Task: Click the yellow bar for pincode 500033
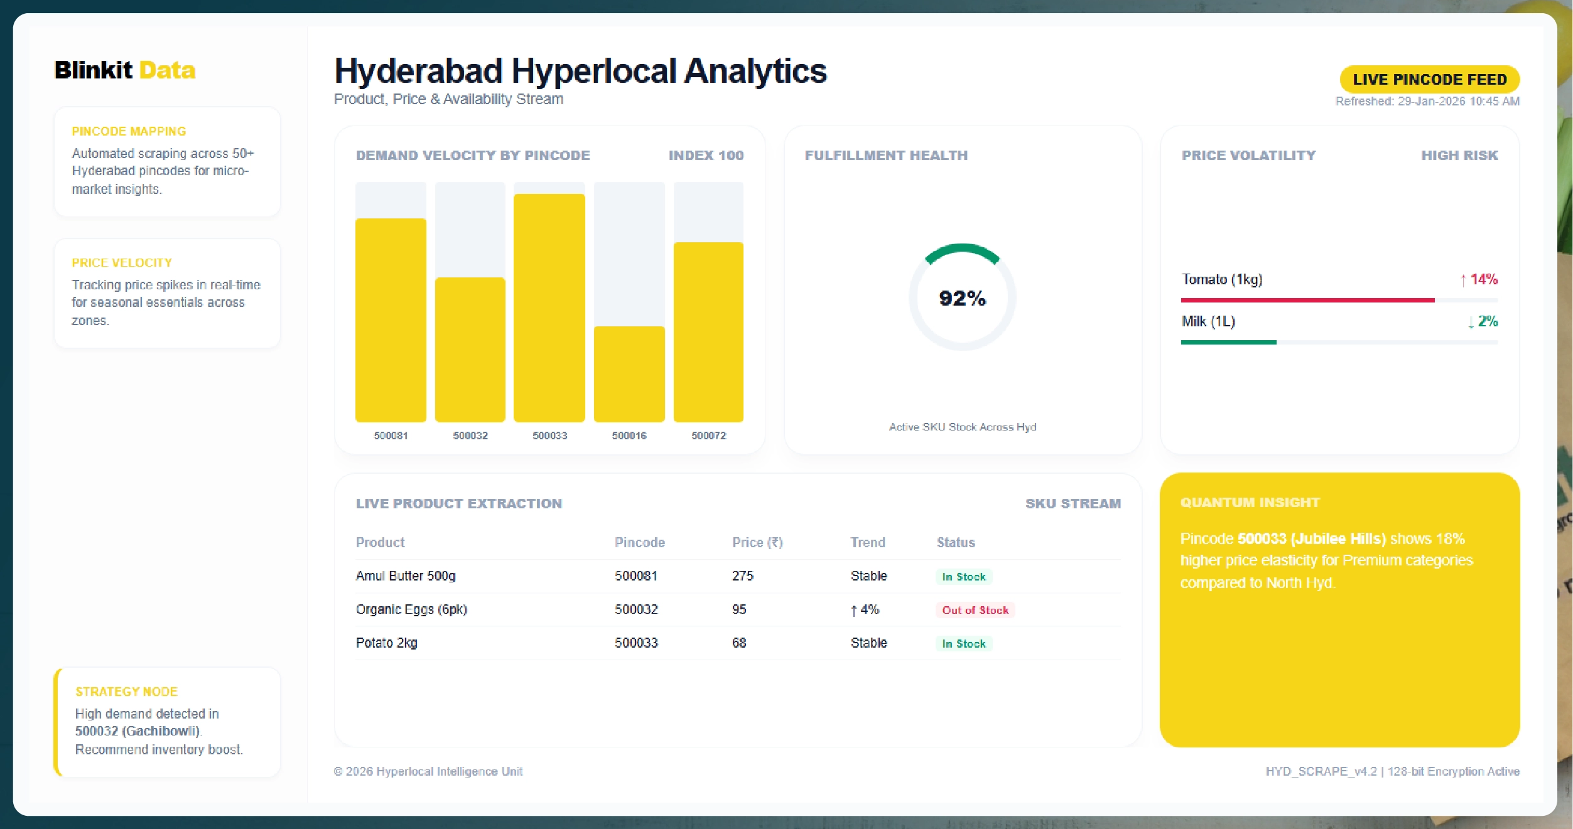point(549,308)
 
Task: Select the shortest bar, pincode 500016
point(629,374)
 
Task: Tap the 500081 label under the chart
point(391,436)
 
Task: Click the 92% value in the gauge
point(962,298)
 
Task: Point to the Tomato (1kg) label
point(1221,279)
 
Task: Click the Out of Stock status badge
point(975,610)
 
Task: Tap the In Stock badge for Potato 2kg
point(963,643)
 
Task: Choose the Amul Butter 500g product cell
point(405,575)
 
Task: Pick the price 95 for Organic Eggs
point(738,609)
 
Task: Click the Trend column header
point(867,542)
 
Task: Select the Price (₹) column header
point(757,542)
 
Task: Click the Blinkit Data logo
point(124,70)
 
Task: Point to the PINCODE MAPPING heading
point(129,131)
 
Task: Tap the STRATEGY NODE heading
point(126,692)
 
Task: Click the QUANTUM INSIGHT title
point(1250,503)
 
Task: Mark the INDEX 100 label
point(705,155)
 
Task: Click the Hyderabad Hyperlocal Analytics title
point(580,71)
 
